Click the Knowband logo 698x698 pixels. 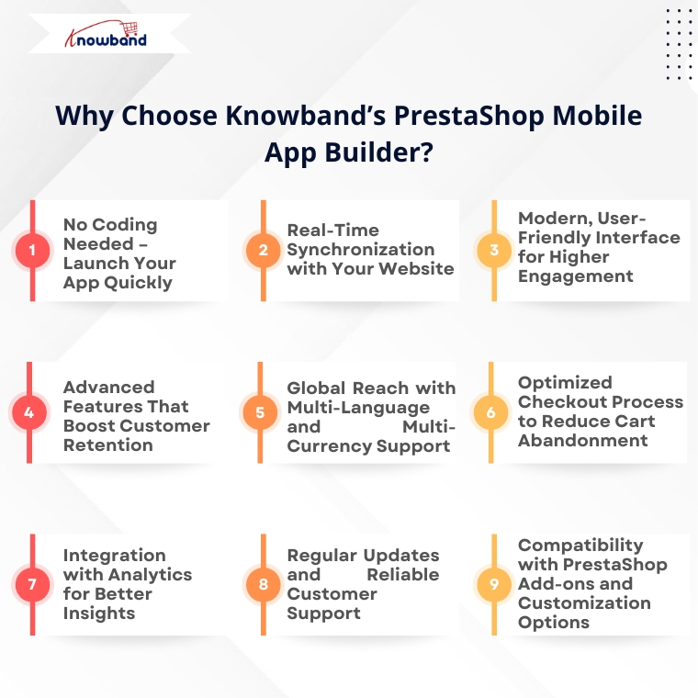tap(106, 34)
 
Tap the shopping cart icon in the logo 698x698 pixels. tap(130, 28)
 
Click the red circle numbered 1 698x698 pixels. tap(32, 250)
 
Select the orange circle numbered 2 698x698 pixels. tap(263, 250)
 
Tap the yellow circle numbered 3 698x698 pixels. tap(494, 250)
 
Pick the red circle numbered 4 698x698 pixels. tap(29, 412)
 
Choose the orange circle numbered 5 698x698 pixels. tap(260, 412)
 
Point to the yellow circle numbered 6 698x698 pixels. tap(491, 412)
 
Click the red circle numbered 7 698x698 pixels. tap(32, 584)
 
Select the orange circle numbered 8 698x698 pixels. tap(263, 584)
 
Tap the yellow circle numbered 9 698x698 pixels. tap(494, 584)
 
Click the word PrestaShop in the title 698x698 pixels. tap(468, 116)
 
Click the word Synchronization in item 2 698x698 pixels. tap(361, 250)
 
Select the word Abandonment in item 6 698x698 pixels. tap(582, 440)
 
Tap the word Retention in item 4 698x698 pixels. tap(108, 445)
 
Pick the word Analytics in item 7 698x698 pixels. tap(150, 575)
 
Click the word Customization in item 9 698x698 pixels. tap(584, 602)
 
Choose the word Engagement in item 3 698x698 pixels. tap(576, 276)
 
